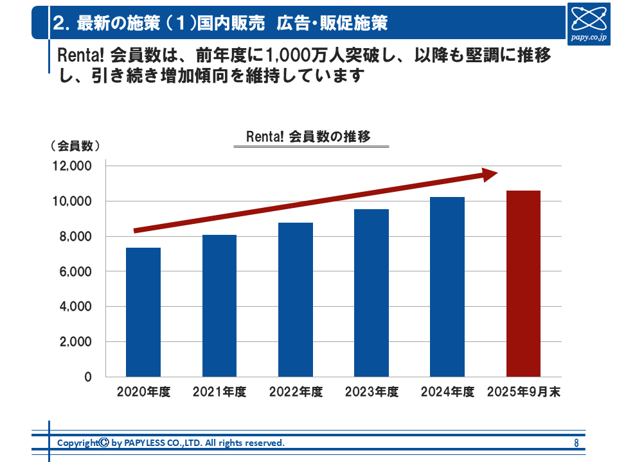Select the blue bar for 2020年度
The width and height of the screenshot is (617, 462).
click(143, 312)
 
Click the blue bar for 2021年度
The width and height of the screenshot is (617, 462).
click(219, 305)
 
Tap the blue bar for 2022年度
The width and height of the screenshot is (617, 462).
click(296, 300)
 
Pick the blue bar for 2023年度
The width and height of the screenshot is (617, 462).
click(371, 293)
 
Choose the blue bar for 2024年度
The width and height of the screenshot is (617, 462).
click(447, 287)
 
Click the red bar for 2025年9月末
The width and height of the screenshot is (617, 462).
click(523, 284)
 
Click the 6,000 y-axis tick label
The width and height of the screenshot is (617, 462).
click(74, 272)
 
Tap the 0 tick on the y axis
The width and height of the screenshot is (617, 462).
click(88, 377)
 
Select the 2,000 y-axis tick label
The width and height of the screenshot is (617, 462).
click(74, 342)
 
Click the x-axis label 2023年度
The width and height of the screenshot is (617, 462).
click(371, 392)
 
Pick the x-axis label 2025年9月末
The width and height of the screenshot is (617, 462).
click(523, 392)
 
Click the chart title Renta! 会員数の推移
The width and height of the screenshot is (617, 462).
click(308, 137)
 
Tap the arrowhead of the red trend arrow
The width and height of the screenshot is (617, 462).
click(490, 174)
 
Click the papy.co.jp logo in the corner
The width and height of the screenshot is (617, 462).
click(589, 22)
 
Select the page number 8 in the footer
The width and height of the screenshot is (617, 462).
click(576, 443)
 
